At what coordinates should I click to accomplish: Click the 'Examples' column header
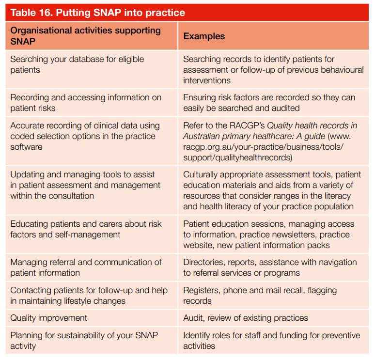coord(204,36)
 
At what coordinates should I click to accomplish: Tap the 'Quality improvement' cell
coord(49,318)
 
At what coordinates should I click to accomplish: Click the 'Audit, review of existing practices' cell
coord(246,318)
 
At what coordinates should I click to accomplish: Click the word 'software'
coord(26,146)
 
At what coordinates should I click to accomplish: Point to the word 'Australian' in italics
coord(205,136)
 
